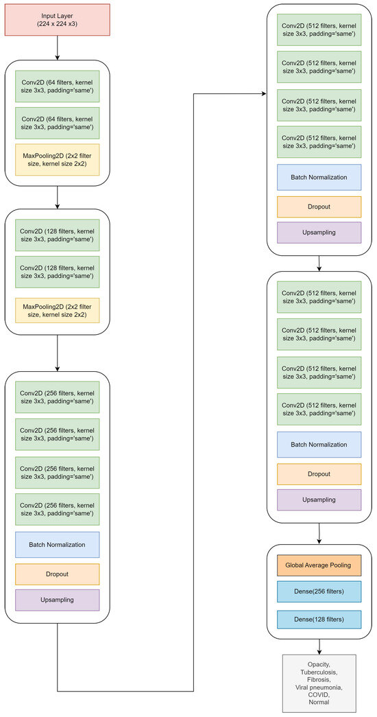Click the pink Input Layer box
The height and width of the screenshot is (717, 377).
57,20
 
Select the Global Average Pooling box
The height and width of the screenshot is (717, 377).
319,565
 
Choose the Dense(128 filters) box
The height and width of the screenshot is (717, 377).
319,619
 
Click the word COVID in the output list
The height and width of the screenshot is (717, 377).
319,694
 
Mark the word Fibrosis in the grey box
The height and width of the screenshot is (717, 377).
319,679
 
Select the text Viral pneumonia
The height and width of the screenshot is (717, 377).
319,687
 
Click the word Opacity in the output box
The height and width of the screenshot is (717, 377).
319,664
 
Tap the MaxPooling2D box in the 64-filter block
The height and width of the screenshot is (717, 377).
57,160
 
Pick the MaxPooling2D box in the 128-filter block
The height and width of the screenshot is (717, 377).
57,310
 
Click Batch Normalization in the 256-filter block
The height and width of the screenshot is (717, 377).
57,544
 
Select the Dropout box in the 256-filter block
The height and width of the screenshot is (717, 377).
57,574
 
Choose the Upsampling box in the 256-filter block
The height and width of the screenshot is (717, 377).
57,600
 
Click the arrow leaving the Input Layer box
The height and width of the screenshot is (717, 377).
57,48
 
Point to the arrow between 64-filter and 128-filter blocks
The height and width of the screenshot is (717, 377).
57,197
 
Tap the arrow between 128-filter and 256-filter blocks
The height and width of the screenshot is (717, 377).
57,353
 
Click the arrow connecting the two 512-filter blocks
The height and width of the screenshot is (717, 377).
319,263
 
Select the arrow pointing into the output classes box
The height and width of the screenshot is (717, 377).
319,646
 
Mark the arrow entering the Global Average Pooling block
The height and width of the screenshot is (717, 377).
319,534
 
